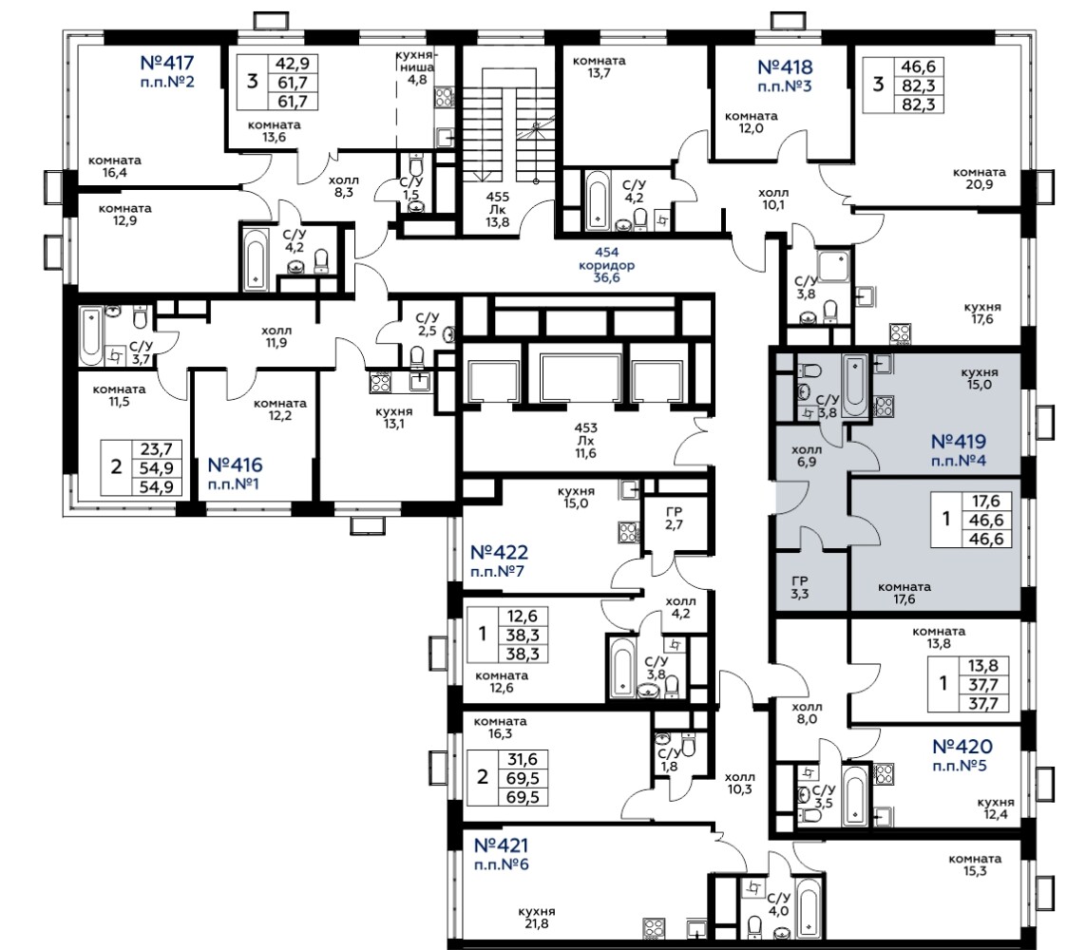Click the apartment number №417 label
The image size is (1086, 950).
[167, 63]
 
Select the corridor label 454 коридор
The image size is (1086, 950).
[607, 258]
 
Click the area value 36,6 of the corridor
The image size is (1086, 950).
[607, 277]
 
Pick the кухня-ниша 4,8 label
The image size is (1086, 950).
[416, 67]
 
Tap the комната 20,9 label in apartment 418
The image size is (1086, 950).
[979, 178]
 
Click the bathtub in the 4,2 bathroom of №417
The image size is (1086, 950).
[256, 257]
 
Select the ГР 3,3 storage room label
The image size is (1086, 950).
[799, 587]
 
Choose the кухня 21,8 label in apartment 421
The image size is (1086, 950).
[537, 918]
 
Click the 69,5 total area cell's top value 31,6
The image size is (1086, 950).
[523, 760]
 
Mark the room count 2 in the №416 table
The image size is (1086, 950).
[116, 466]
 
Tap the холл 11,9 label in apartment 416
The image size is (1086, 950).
[276, 336]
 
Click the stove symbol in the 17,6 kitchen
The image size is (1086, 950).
[899, 333]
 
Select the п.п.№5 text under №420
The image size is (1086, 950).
[960, 766]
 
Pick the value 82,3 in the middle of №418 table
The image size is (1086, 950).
[919, 85]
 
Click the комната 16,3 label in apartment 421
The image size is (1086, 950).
[500, 727]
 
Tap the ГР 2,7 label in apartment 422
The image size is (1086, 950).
[674, 519]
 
